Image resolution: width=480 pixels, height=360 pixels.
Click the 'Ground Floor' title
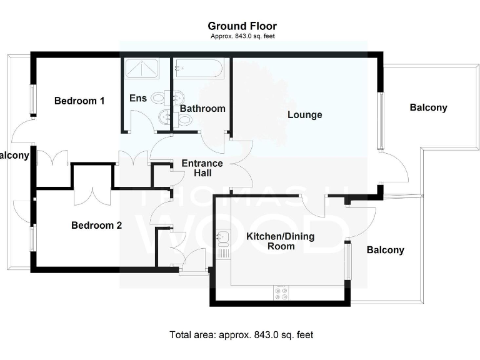pos(242,26)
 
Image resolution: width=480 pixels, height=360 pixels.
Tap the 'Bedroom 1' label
pos(79,101)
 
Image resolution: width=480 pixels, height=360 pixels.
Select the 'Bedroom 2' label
pos(96,226)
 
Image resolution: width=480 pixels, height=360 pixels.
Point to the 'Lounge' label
pos(305,115)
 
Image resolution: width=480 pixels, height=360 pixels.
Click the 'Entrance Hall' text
pos(202,168)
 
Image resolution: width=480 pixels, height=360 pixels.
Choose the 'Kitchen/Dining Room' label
pos(280,241)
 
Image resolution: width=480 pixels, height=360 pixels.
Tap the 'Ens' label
pos(137,98)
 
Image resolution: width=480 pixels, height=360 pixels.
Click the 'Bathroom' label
pos(202,109)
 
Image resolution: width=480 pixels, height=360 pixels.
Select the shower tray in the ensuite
pos(144,68)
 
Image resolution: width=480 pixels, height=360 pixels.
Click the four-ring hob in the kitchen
pos(281,292)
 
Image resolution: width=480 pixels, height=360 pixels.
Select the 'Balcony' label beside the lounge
pos(428,107)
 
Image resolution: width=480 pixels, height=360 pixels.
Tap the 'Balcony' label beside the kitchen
pos(385,250)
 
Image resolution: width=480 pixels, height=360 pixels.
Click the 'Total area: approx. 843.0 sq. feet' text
pos(241,335)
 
